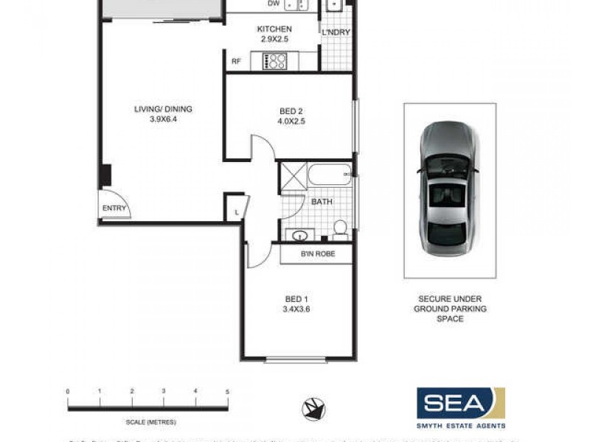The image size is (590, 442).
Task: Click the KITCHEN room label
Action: coord(269,29)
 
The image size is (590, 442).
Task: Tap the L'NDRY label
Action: coord(336,32)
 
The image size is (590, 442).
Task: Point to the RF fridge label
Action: coord(236,62)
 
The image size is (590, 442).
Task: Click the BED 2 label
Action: coord(290,110)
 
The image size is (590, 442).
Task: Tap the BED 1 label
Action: coord(296,298)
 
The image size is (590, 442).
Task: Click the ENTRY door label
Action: coord(114,208)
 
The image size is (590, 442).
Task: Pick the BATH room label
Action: coord(321,201)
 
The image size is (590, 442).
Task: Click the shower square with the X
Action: coord(292,177)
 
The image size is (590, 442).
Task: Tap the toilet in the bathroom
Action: coord(340,230)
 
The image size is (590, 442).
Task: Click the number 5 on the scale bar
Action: coord(227,391)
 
